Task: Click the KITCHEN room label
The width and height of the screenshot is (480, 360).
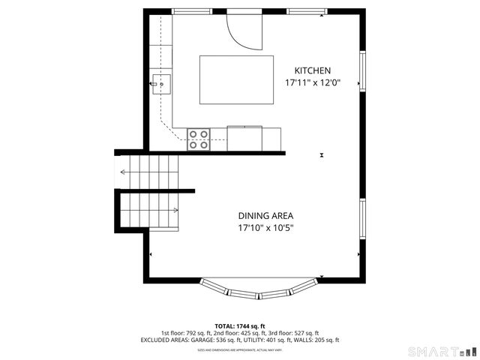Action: pyautogui.click(x=313, y=70)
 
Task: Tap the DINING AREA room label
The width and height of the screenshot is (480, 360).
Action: pyautogui.click(x=266, y=214)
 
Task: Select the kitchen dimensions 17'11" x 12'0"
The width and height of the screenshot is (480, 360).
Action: pyautogui.click(x=313, y=83)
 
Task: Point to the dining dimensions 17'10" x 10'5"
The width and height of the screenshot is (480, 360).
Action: pyautogui.click(x=266, y=227)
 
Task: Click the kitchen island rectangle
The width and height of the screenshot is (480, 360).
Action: pyautogui.click(x=236, y=79)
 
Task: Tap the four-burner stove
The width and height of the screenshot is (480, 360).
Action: pyautogui.click(x=199, y=139)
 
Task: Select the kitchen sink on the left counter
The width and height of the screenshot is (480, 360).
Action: pyautogui.click(x=160, y=82)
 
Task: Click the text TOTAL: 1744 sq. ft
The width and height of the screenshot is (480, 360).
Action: pyautogui.click(x=239, y=326)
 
